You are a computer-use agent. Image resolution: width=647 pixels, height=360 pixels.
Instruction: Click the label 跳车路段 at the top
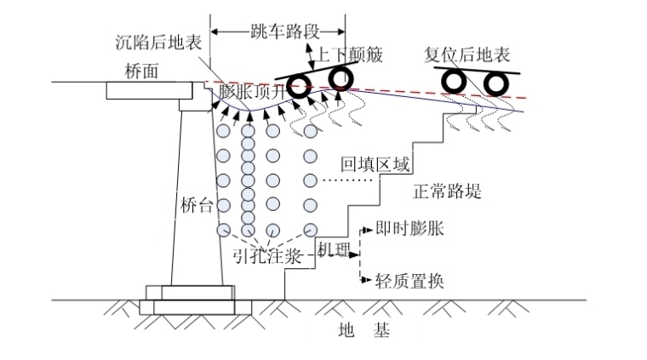coord(278,32)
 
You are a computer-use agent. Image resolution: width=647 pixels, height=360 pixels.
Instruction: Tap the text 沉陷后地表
coord(157,42)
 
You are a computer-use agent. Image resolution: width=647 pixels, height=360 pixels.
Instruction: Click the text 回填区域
coord(373,164)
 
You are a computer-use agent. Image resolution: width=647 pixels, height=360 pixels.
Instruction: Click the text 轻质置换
coord(409,281)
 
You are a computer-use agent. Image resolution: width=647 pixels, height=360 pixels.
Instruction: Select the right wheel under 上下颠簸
coord(341,78)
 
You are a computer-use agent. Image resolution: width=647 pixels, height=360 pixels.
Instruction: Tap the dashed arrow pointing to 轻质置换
coord(364,280)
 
